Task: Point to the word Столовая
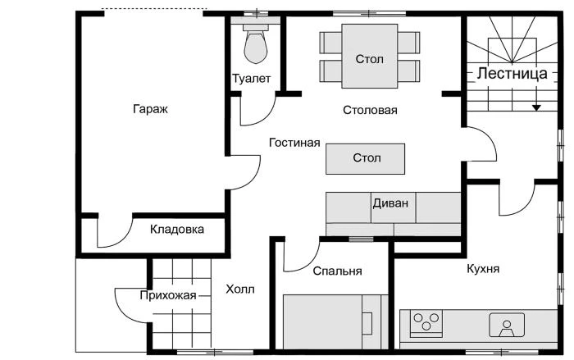click(370, 110)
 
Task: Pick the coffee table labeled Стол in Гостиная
click(365, 157)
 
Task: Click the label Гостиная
click(294, 143)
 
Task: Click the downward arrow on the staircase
click(536, 105)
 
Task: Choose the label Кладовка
click(177, 230)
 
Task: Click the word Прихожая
click(167, 296)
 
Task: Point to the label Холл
click(239, 289)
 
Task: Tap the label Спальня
click(337, 271)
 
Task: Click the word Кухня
click(483, 269)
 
